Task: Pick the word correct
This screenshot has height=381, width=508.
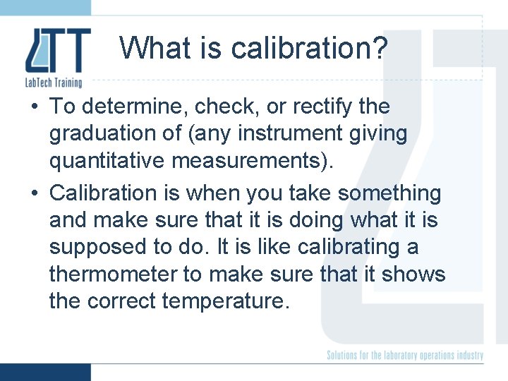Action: (123, 302)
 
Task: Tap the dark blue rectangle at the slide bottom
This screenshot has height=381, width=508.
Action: (45, 372)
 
